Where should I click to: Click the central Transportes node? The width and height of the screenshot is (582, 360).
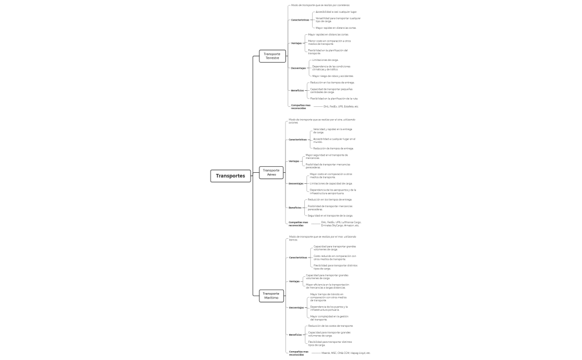[231, 176]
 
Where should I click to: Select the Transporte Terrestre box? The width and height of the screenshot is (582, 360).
[272, 56]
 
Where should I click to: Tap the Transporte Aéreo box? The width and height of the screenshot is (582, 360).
[272, 172]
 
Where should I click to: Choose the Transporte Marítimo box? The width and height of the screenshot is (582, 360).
[271, 295]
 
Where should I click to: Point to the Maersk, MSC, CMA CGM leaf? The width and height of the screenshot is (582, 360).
[346, 353]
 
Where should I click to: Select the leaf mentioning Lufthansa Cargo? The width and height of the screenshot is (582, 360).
[341, 224]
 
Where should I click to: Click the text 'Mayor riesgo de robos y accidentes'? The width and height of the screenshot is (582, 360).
[333, 76]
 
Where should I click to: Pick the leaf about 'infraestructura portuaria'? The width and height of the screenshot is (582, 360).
[329, 308]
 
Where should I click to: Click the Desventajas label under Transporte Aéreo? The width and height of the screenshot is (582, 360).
[296, 183]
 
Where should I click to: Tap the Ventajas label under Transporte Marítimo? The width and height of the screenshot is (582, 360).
[294, 281]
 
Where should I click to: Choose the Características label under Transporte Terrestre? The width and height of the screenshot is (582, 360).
[300, 20]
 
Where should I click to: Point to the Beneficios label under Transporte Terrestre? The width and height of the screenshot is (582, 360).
[297, 90]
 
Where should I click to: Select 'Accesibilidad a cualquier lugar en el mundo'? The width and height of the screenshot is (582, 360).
[334, 141]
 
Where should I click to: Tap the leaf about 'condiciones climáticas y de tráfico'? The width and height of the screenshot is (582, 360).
[331, 68]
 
